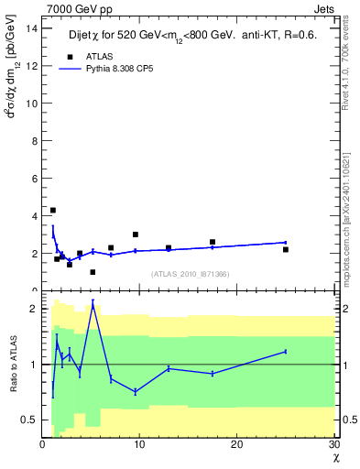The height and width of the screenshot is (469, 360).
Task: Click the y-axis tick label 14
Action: tap(31, 27)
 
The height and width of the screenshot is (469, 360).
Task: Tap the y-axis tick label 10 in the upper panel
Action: tap(31, 103)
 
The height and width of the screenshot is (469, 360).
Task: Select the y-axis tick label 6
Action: tap(34, 178)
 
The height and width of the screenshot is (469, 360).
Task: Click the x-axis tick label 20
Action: tap(237, 444)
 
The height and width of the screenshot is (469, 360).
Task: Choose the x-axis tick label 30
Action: tap(333, 444)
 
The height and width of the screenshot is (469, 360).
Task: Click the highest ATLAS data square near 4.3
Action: tap(52, 210)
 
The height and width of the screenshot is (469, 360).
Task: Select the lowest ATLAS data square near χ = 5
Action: tap(93, 272)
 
